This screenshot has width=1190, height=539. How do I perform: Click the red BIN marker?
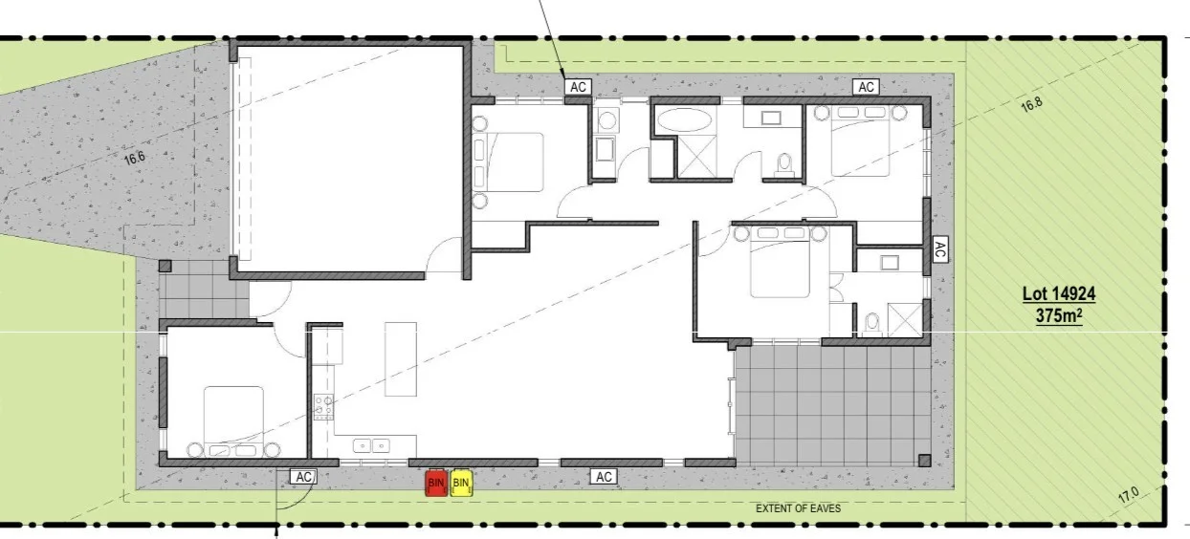pos(436,484)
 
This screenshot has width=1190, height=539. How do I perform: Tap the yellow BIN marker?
pos(461,484)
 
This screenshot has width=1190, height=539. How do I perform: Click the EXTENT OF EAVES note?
pos(798,508)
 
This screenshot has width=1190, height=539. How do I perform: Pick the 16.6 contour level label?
pos(134,158)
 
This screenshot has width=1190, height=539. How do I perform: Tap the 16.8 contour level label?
pos(1030,105)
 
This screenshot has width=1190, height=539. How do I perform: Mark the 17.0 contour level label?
pos(1129,495)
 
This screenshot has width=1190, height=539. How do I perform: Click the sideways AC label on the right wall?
pos(939,250)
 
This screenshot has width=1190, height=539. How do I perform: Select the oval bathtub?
pos(682,122)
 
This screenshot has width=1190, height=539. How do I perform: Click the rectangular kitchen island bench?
pos(402,359)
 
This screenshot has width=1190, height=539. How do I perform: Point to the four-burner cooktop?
pos(322,407)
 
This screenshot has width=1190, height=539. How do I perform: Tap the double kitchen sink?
pos(371,445)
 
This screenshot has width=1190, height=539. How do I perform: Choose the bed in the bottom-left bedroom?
pos(233,419)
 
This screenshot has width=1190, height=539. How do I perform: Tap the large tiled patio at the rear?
pos(832,401)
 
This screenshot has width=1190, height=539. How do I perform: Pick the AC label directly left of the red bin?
pos(304,476)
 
